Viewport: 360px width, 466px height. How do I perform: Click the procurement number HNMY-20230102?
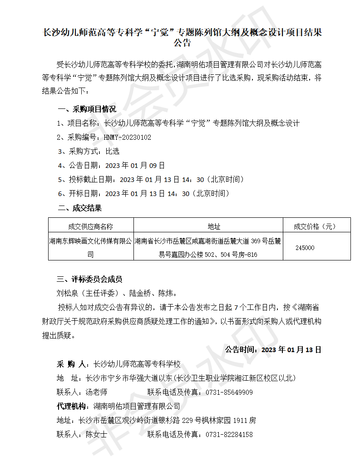click(128, 137)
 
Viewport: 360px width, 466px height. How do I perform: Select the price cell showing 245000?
click(305, 248)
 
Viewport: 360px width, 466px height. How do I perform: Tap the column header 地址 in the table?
click(207, 226)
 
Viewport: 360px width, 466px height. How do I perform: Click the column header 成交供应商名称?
click(90, 226)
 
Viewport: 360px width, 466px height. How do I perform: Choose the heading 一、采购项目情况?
click(87, 109)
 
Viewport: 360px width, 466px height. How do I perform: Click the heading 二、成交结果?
click(79, 208)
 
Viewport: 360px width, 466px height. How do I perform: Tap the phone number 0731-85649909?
click(229, 392)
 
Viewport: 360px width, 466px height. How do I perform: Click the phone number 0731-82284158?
click(229, 435)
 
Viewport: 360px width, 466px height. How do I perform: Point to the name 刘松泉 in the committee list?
click(67, 293)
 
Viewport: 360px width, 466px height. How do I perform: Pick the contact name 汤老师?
click(96, 392)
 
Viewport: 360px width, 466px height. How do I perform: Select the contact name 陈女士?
click(96, 435)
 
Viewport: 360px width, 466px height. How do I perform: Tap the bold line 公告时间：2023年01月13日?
click(273, 350)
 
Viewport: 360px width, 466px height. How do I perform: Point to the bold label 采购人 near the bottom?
click(71, 364)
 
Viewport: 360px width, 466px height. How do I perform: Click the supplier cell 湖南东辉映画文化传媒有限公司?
click(90, 248)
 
